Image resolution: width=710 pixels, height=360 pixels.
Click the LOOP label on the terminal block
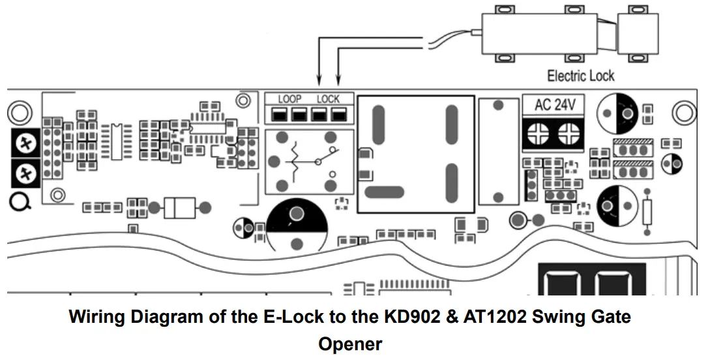[x=289, y=99]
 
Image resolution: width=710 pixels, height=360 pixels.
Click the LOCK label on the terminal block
[x=328, y=99]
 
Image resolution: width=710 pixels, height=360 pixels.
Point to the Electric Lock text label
[x=580, y=76]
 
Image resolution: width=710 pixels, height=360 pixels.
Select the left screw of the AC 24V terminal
[x=542, y=133]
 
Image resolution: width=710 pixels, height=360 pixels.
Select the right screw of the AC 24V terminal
[x=568, y=133]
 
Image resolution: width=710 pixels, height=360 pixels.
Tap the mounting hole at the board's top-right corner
[x=684, y=113]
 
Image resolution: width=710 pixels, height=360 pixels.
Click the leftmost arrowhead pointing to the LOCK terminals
[x=319, y=82]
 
